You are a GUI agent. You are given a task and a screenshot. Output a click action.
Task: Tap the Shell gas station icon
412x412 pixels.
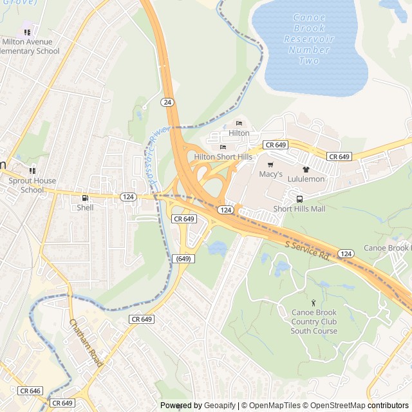[x=85, y=198]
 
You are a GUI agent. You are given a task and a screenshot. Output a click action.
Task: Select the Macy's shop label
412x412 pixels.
[x=270, y=174]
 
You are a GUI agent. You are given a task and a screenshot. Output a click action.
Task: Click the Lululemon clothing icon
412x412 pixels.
[x=306, y=169]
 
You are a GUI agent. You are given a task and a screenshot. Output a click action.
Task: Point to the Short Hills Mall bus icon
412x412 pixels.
[x=299, y=199]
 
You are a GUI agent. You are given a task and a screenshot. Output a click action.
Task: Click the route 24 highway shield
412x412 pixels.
[x=167, y=102]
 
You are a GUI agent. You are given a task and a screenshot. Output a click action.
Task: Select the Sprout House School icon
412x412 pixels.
[x=32, y=171]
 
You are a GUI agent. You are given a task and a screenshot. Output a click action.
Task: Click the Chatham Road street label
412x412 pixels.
[x=86, y=344]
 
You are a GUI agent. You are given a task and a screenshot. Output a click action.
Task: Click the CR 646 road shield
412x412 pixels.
[x=30, y=391]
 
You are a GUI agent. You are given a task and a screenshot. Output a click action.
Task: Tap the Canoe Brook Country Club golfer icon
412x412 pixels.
[x=314, y=303]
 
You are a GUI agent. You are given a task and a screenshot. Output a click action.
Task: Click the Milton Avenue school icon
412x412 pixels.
[x=27, y=32]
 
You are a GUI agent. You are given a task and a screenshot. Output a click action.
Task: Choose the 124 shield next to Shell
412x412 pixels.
[x=128, y=196]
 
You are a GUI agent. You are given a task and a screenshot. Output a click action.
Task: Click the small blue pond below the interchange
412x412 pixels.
[x=217, y=248]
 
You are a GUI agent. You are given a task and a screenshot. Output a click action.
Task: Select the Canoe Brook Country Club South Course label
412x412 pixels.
[x=314, y=322]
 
